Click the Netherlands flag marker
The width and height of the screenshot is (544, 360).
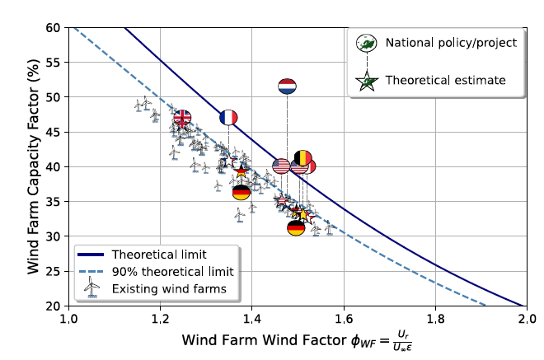pos(287,86)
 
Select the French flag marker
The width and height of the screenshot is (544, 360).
pos(228,118)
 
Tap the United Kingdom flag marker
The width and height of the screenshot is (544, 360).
pos(182,118)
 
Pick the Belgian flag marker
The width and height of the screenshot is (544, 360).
pos(303,157)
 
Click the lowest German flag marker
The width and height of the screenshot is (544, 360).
pos(296,228)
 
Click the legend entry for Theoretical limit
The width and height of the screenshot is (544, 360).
pos(158,253)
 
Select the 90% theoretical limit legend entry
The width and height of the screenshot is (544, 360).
pos(173,270)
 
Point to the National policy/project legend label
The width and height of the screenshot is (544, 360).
pos(453,42)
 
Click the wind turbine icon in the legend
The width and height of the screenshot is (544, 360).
pos(92,286)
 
